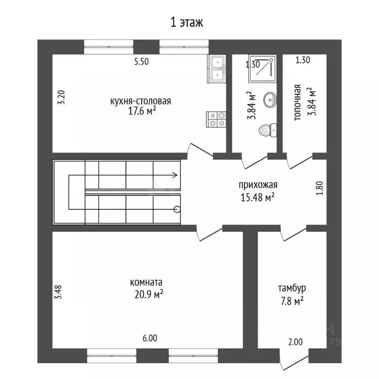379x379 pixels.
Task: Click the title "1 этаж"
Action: click(x=187, y=23)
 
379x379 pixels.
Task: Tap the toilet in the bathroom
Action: click(x=267, y=130)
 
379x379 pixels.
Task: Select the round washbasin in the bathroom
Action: click(x=270, y=99)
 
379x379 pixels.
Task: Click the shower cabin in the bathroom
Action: click(x=262, y=69)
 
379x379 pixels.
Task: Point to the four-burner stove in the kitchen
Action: click(x=216, y=119)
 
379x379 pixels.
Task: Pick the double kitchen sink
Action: click(x=216, y=69)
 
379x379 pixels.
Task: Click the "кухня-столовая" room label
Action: click(x=141, y=101)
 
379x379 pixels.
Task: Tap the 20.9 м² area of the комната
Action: click(x=149, y=295)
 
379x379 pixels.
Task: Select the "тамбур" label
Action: click(x=292, y=288)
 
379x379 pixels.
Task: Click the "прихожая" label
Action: click(x=258, y=185)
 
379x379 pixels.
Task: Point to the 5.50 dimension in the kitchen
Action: click(x=142, y=62)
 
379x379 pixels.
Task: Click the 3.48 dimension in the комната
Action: click(x=59, y=292)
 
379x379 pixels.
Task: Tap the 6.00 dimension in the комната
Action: click(x=150, y=338)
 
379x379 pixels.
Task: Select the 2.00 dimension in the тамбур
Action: click(x=296, y=342)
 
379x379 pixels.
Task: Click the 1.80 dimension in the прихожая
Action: click(x=319, y=189)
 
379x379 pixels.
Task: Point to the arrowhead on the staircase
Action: click(x=175, y=175)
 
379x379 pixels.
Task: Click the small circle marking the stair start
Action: click(x=177, y=209)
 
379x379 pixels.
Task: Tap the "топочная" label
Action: click(x=297, y=102)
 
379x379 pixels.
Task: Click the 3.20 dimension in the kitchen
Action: click(x=61, y=97)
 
